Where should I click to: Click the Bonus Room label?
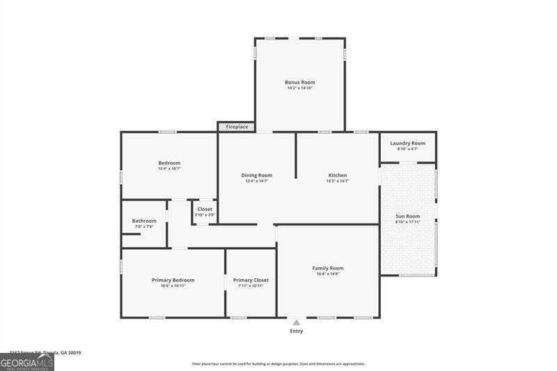(299, 82)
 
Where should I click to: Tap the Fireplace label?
(237, 127)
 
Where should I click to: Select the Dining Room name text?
(256, 175)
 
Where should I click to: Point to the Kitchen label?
(338, 175)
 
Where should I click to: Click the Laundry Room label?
(407, 143)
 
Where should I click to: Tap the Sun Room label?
(407, 216)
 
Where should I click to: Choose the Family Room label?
(327, 268)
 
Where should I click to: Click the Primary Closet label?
(251, 280)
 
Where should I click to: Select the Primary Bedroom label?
(173, 280)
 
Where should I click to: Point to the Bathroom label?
(144, 221)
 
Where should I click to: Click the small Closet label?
(205, 209)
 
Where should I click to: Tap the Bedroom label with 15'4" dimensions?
(169, 163)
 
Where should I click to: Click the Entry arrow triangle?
(297, 322)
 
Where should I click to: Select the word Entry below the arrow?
(297, 331)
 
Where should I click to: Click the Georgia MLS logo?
(27, 362)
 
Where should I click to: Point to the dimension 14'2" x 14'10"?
(299, 88)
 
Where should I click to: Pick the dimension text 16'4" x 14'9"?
(327, 274)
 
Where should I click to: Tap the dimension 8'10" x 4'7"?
(407, 149)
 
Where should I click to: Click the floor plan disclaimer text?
(278, 364)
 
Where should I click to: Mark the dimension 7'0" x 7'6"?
(144, 227)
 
